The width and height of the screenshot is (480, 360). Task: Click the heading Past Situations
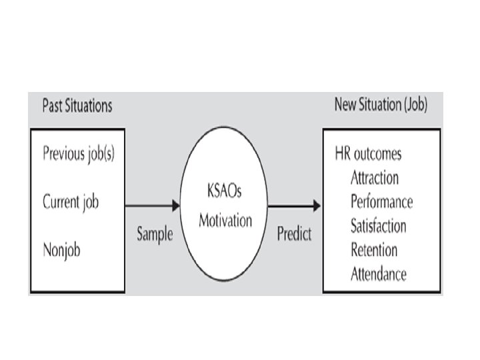[77, 105]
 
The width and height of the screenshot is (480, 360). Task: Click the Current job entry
[71, 201]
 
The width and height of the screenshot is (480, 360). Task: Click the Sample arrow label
[155, 235]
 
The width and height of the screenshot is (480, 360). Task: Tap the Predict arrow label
[294, 235]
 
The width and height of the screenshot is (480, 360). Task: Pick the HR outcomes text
[368, 153]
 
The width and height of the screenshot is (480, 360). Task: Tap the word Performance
[382, 201]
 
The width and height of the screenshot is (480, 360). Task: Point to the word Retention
[374, 250]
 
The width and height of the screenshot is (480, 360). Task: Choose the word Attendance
[379, 274]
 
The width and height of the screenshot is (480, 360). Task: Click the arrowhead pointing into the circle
[176, 205]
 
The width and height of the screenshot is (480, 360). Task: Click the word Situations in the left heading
[89, 105]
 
